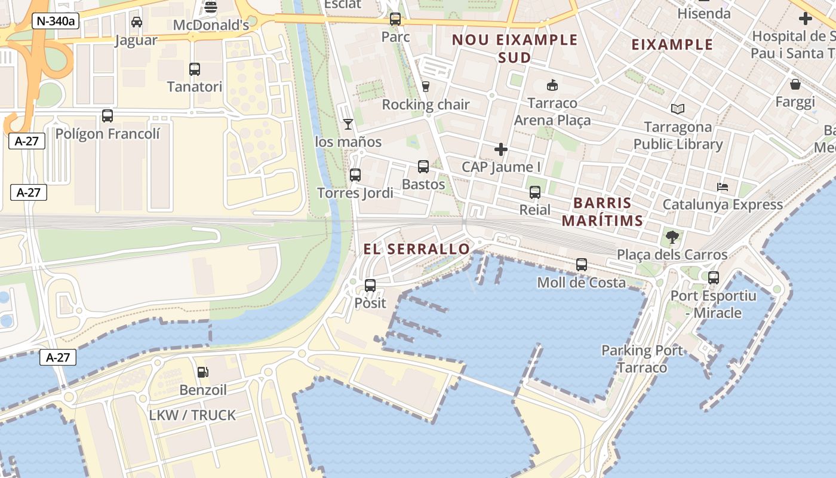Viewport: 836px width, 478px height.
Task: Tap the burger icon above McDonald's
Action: pyautogui.click(x=211, y=7)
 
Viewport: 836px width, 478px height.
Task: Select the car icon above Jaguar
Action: pyautogui.click(x=136, y=23)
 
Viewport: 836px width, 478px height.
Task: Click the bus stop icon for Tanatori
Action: pyautogui.click(x=195, y=69)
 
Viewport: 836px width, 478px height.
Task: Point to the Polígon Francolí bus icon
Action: pyautogui.click(x=107, y=116)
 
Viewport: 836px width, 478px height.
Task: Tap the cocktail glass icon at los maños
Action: pyautogui.click(x=348, y=124)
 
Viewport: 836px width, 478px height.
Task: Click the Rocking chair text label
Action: pyautogui.click(x=426, y=105)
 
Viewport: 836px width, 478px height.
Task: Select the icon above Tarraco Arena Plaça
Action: pyautogui.click(x=552, y=85)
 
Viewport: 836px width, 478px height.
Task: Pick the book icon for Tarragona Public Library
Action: pyautogui.click(x=677, y=109)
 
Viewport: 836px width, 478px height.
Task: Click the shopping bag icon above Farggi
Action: pyautogui.click(x=795, y=84)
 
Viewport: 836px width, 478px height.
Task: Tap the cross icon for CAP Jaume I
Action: pyautogui.click(x=501, y=149)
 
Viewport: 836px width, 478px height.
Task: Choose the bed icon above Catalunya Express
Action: pyautogui.click(x=723, y=187)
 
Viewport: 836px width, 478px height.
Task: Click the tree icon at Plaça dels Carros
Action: pyautogui.click(x=672, y=237)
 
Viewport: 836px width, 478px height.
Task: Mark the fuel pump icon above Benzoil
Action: pyautogui.click(x=203, y=372)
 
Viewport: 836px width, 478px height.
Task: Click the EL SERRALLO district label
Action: pyautogui.click(x=417, y=249)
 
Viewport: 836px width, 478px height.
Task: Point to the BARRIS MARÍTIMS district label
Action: pyautogui.click(x=603, y=212)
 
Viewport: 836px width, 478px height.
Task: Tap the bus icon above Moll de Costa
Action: pyautogui.click(x=582, y=265)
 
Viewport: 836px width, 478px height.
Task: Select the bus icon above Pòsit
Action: pyautogui.click(x=370, y=286)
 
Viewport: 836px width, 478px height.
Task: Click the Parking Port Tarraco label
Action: pyautogui.click(x=642, y=358)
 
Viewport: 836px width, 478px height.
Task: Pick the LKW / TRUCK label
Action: pyautogui.click(x=192, y=415)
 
